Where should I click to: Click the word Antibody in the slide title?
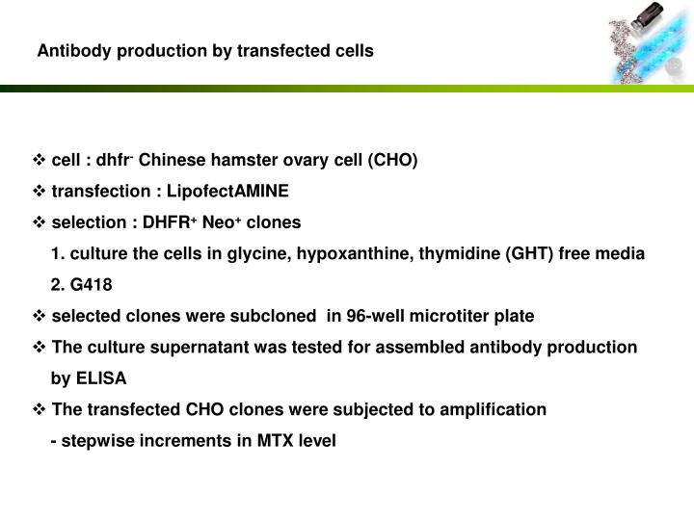click(x=69, y=50)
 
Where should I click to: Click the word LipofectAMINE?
click(x=234, y=191)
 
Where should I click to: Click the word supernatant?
click(x=201, y=347)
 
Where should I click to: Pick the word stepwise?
click(x=93, y=440)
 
